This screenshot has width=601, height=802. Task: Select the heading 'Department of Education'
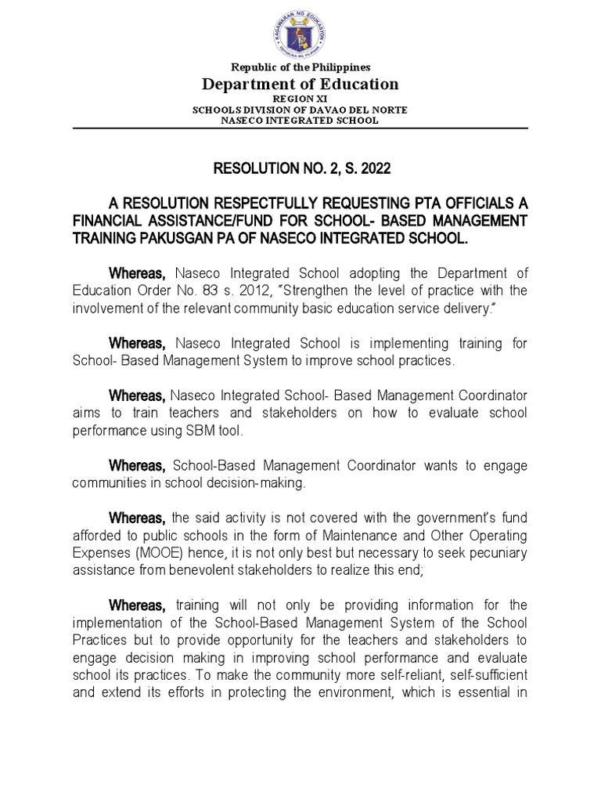point(300,85)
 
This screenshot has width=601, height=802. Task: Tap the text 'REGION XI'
point(300,100)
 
